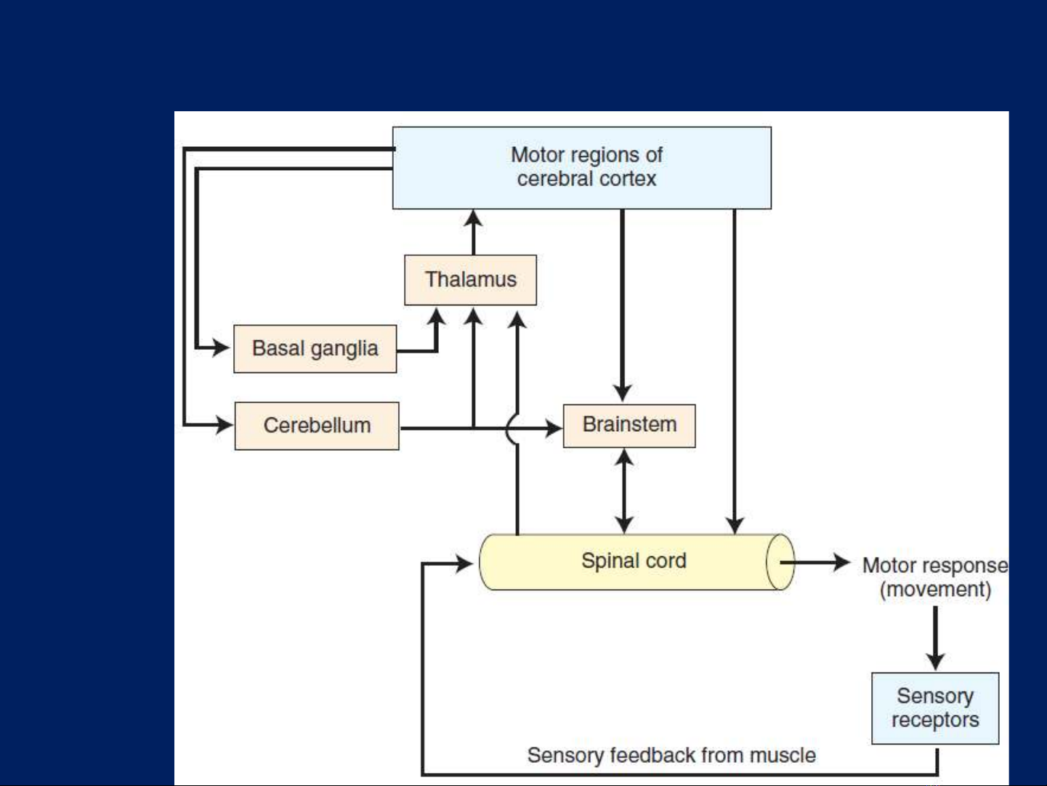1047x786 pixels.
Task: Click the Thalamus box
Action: [x=470, y=280]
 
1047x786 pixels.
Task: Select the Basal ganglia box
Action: [x=315, y=349]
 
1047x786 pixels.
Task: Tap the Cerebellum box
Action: [x=317, y=425]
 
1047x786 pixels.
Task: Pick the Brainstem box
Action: [x=629, y=425]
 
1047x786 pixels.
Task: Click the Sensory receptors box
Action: [x=935, y=708]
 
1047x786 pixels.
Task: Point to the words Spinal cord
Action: [x=634, y=561]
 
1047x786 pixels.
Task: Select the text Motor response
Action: [x=935, y=566]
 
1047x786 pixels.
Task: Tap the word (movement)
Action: [x=935, y=590]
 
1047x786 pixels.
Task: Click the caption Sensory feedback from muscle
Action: [x=671, y=755]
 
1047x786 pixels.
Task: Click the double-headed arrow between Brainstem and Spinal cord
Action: [x=624, y=491]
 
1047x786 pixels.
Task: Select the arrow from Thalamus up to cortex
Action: [x=473, y=233]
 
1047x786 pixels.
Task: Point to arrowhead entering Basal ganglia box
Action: [x=222, y=347]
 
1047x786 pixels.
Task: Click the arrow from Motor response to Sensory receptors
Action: [x=935, y=638]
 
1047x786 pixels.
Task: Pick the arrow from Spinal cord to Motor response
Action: [x=815, y=562]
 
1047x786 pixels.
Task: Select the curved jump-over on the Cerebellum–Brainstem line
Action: [x=510, y=428]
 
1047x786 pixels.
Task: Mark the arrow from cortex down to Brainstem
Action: [x=622, y=305]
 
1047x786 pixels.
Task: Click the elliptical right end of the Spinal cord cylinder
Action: [x=781, y=562]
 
